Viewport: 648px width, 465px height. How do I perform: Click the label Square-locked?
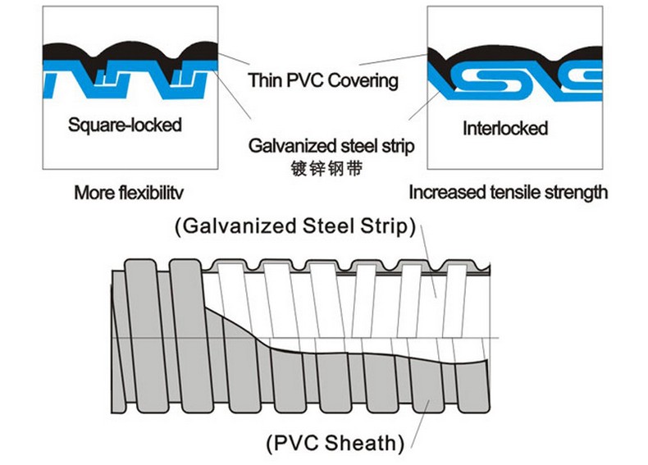[125, 125]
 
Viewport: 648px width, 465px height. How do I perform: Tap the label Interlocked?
[505, 128]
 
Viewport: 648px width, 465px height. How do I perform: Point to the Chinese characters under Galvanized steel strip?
[326, 168]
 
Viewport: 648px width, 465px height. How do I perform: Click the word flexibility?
[151, 193]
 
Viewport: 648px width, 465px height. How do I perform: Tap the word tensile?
[515, 192]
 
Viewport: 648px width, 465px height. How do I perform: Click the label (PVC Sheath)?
[335, 443]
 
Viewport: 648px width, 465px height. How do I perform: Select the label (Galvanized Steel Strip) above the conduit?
[295, 226]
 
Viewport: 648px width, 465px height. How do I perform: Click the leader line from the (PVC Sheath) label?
[421, 424]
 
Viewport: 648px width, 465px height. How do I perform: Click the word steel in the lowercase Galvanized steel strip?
[358, 145]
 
